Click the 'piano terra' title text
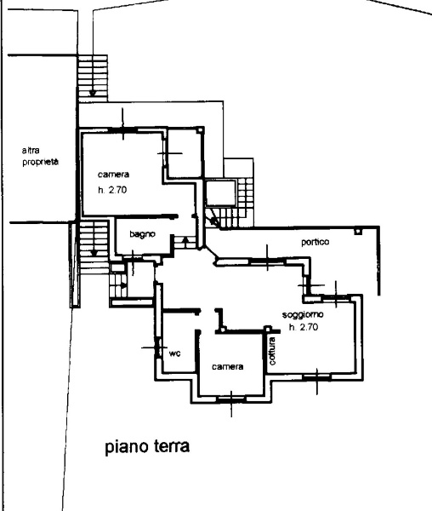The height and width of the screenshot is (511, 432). coord(147,446)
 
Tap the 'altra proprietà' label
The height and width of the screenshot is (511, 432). coord(40,157)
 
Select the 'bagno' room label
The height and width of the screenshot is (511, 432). coord(142,234)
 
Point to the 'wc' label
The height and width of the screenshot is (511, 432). coord(174,353)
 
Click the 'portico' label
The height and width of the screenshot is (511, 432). coord(315,242)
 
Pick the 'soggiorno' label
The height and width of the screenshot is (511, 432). coord(303,315)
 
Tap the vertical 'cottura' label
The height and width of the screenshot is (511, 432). coord(273,351)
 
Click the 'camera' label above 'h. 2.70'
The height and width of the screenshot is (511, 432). coord(114,175)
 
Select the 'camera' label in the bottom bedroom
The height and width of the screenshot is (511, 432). coord(227,366)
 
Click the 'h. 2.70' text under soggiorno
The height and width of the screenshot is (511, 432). coord(304,327)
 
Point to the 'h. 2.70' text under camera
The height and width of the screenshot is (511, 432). coord(112,190)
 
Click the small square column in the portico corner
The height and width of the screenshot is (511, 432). coord(358,231)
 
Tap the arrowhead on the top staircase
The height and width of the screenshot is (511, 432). coord(93,93)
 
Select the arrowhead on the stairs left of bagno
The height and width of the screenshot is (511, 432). coord(94,252)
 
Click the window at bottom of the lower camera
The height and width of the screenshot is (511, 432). coord(231,398)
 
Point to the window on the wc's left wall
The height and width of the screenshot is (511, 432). coord(158,347)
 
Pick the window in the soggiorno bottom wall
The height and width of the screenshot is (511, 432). coord(317,377)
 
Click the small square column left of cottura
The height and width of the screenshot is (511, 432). coord(268,329)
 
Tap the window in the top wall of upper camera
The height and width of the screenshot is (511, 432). coord(123,129)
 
